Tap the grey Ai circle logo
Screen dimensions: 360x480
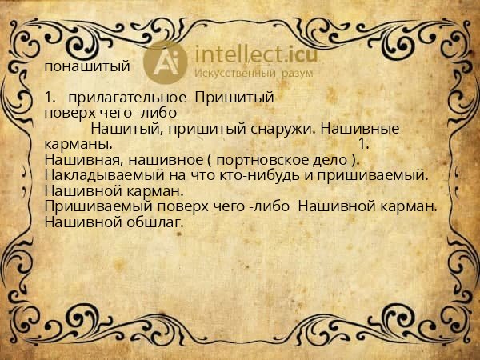[166, 62]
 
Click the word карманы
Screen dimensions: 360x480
[78, 144]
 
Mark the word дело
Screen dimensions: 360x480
[333, 160]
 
